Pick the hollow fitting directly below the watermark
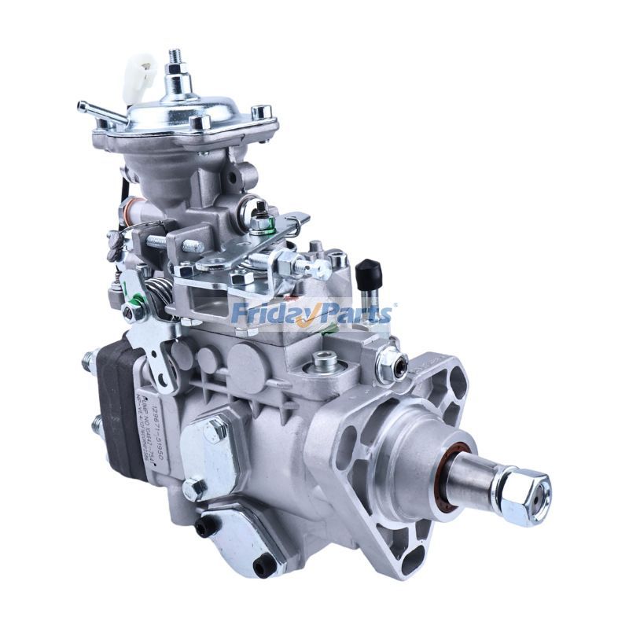coord(323,362)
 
